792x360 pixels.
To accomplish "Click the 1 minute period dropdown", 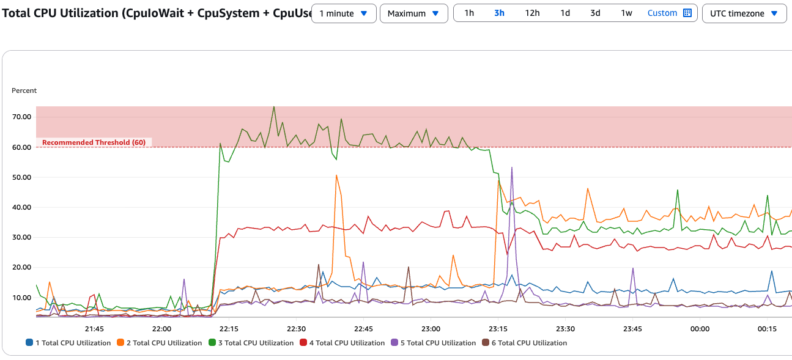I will click(343, 13).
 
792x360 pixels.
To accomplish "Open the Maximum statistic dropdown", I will click(413, 13).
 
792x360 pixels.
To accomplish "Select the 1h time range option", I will click(469, 13).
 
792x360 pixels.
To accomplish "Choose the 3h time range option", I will click(499, 13).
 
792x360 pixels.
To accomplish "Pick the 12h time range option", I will click(532, 13).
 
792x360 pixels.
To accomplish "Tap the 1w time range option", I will click(626, 13).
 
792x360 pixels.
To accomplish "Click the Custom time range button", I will click(669, 13).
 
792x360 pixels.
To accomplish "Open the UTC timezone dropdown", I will click(744, 13).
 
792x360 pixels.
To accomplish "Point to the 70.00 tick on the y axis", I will click(23, 117).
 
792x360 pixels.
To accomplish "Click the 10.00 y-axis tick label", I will click(23, 298).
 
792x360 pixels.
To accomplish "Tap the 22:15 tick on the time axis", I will click(229, 328).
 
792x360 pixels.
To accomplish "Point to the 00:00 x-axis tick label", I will click(700, 328).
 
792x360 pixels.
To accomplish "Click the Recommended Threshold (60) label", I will click(94, 142).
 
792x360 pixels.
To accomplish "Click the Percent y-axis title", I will click(24, 90).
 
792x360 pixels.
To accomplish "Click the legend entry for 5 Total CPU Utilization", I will click(434, 343).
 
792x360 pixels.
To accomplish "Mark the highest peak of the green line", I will click(273, 106).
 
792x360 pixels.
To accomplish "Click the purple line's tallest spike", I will click(511, 167).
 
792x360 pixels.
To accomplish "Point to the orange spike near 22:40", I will click(336, 175).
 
